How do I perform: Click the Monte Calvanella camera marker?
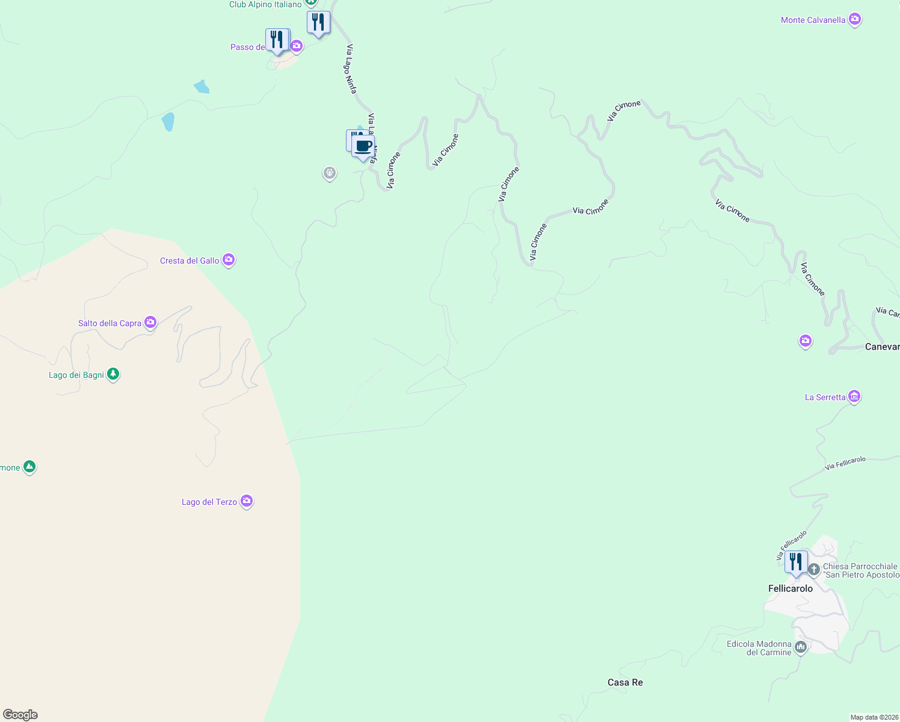coord(854,19)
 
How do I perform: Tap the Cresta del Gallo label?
coord(190,261)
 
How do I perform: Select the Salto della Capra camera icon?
coord(150,322)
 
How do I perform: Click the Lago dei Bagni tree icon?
coord(112,374)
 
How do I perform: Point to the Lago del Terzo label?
coord(209,502)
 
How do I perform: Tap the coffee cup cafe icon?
coord(363,146)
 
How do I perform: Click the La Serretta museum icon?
coord(854,396)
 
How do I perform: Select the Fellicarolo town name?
coord(791,588)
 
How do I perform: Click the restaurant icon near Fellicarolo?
coord(796,562)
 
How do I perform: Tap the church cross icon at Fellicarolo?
coord(813,569)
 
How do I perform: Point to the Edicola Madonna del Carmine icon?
coord(800,647)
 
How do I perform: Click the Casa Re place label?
coord(625,682)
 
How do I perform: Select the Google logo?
coord(20,715)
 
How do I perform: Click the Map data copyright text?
coord(874,717)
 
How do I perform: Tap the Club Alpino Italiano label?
coord(265,5)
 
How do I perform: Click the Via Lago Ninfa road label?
coord(351,69)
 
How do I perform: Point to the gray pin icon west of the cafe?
coord(329,173)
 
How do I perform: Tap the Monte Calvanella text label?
coord(813,20)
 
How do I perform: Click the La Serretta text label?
coord(825,397)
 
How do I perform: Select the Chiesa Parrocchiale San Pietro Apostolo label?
coord(861,570)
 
